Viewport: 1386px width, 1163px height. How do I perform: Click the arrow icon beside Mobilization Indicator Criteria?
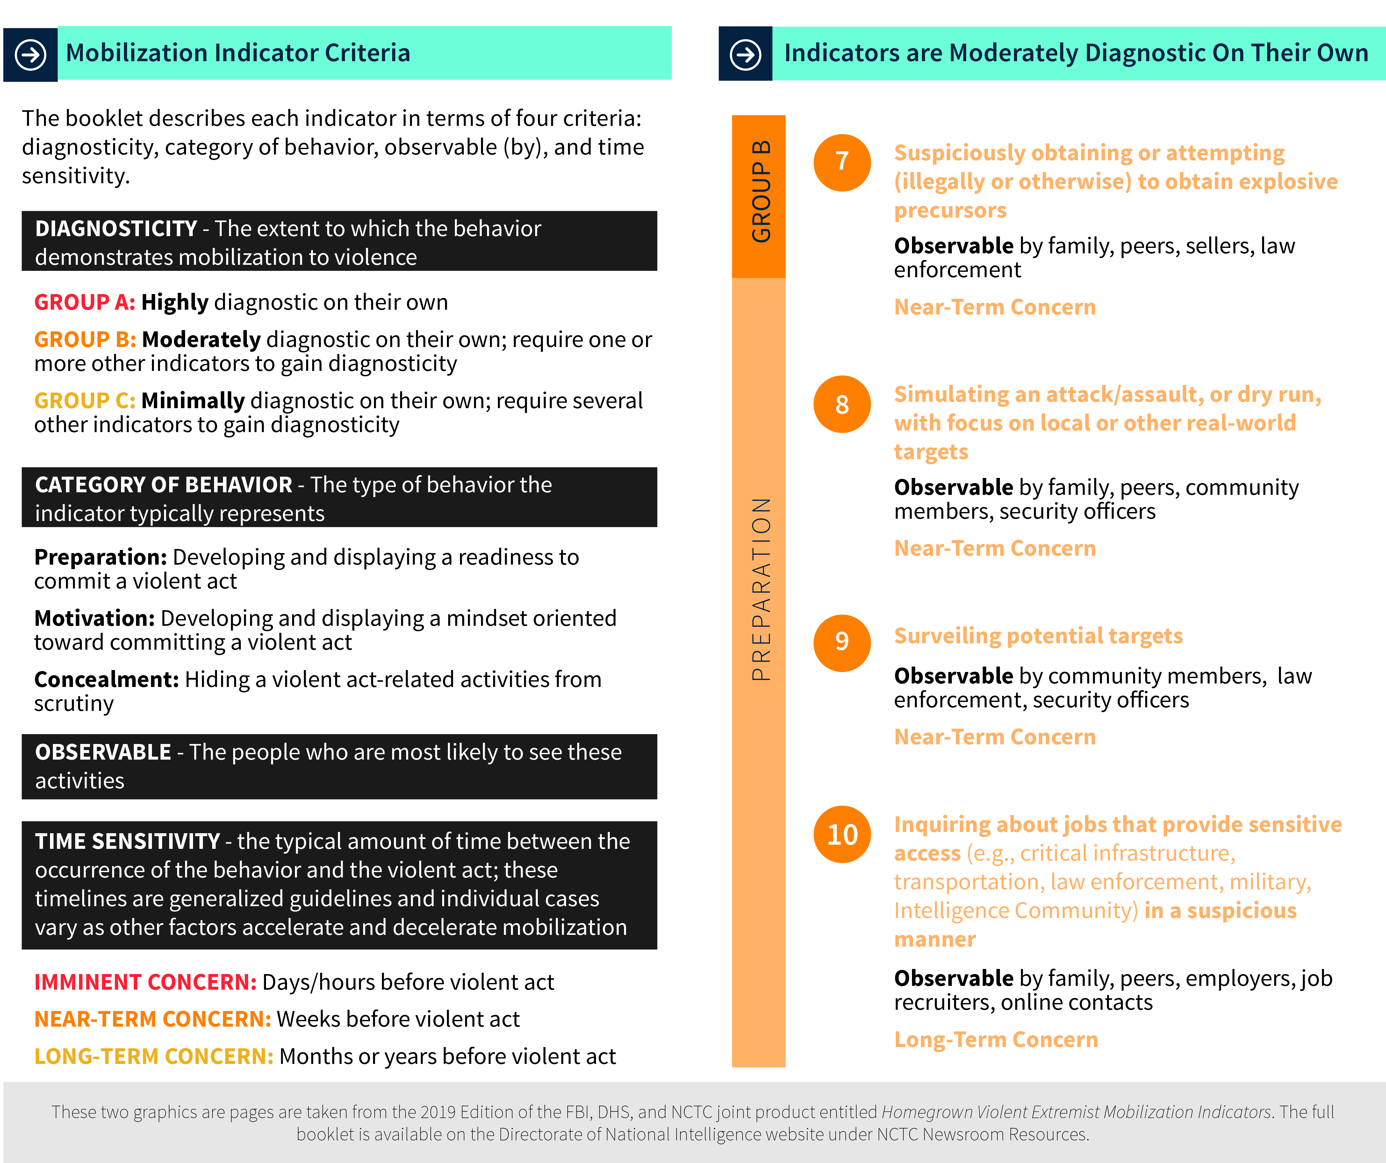point(30,54)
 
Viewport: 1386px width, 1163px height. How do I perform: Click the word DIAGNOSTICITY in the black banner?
point(116,228)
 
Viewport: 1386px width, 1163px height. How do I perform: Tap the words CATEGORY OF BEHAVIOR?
point(163,485)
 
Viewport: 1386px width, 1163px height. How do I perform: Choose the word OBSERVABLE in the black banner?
point(103,753)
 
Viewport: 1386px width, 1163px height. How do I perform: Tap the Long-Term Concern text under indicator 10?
point(995,1040)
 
